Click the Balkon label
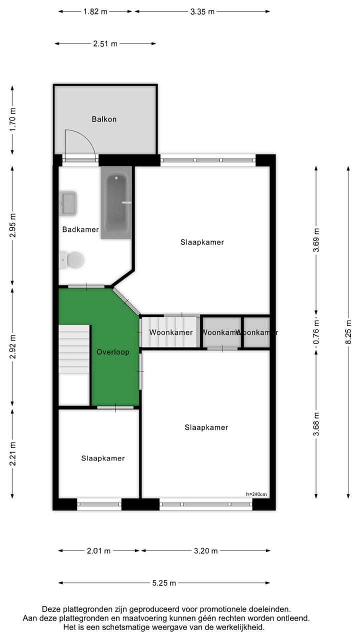(104, 119)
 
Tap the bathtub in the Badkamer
(116, 202)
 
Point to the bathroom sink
(68, 203)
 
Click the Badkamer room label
(80, 229)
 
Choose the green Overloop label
(112, 352)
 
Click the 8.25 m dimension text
(348, 331)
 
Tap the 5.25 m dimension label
(164, 583)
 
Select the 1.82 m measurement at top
(95, 11)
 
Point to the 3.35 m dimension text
(202, 11)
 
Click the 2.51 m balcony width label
(105, 44)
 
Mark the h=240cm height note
(256, 494)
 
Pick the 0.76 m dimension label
(316, 332)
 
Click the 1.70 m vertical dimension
(13, 119)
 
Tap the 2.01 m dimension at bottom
(98, 551)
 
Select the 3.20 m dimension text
(205, 551)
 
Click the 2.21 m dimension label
(13, 454)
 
